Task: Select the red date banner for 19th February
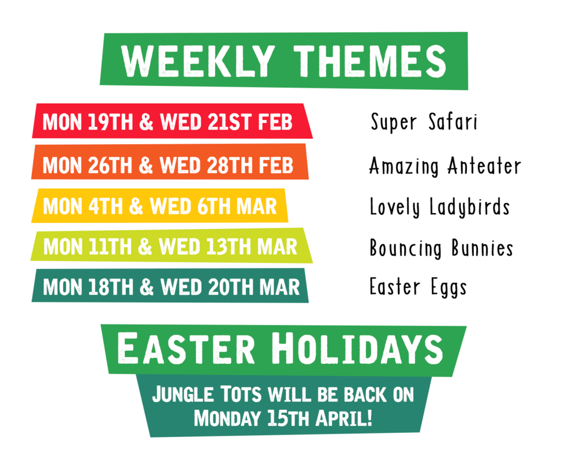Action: click(171, 122)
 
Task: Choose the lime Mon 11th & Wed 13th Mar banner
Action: click(171, 246)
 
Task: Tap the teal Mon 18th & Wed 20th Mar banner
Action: click(171, 286)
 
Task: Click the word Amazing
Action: click(404, 167)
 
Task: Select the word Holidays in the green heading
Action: click(360, 349)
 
